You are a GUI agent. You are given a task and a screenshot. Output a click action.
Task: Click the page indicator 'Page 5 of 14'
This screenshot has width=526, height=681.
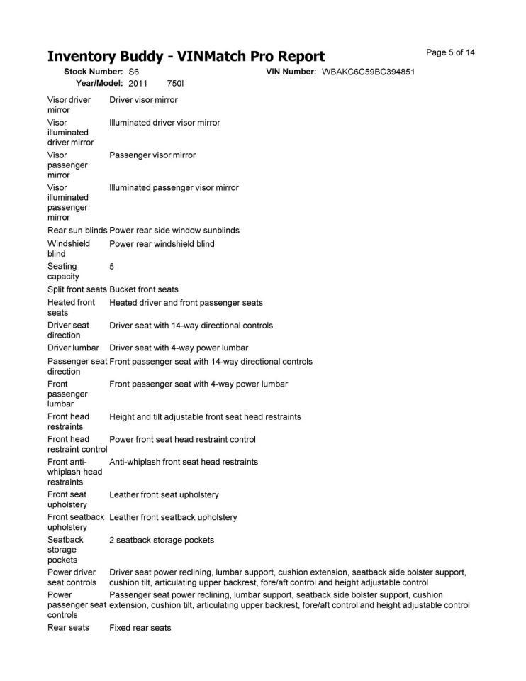click(450, 52)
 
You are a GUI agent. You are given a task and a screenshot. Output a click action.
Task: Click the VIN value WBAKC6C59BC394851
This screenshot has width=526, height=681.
click(368, 72)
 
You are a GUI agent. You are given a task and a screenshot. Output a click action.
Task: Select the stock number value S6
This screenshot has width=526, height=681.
click(134, 72)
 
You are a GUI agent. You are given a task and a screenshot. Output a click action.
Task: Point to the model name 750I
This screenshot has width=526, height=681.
click(175, 84)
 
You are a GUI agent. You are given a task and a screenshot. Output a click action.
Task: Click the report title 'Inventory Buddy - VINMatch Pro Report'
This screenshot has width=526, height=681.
click(186, 57)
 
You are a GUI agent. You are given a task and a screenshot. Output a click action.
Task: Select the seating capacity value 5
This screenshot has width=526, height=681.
click(112, 267)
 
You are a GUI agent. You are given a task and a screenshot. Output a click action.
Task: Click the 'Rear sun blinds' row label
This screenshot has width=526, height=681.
click(77, 231)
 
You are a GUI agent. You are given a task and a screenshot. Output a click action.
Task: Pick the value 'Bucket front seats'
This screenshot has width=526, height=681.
click(144, 289)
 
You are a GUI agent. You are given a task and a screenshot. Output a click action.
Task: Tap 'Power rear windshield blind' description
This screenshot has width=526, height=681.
click(162, 244)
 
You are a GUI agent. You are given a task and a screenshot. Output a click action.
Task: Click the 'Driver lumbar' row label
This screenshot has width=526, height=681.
click(73, 348)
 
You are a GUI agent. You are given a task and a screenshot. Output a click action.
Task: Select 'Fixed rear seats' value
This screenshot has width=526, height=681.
click(140, 628)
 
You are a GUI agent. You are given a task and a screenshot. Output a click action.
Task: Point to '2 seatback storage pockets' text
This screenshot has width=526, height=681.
click(162, 541)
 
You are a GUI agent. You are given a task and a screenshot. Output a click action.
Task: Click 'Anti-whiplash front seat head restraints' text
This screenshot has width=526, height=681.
click(183, 462)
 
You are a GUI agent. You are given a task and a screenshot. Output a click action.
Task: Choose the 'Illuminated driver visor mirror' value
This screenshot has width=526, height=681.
click(164, 123)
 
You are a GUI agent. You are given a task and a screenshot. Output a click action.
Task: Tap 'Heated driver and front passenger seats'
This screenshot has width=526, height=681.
click(186, 303)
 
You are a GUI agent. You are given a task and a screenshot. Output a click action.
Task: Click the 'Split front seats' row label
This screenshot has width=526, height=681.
click(77, 289)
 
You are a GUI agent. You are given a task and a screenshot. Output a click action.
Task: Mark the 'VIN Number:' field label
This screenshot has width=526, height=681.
click(291, 72)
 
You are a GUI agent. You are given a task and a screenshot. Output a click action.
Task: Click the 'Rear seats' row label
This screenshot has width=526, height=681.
click(69, 628)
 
